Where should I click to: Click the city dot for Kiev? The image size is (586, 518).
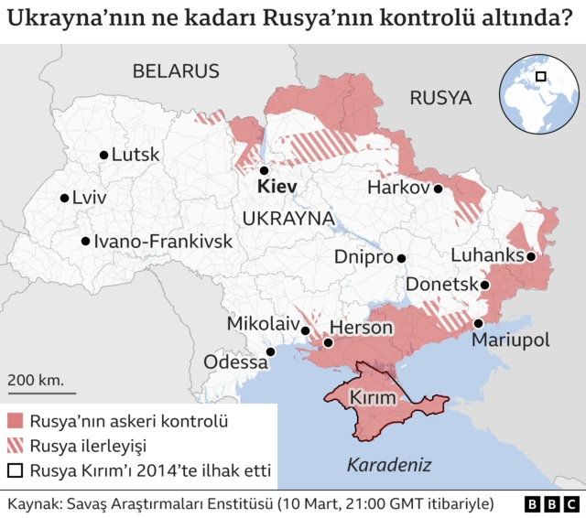263,170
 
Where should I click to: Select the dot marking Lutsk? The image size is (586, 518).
103,156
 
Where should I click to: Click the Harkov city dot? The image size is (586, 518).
439,189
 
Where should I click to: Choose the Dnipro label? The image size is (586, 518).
364,258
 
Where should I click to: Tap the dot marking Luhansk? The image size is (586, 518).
531,257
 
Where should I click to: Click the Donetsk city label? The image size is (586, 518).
441,285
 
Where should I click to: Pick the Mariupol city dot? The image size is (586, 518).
478,323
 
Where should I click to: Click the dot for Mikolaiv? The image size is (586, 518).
305,329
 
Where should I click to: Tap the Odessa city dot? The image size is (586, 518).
270,351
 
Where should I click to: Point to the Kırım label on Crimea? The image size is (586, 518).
373,398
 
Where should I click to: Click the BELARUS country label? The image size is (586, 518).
176,71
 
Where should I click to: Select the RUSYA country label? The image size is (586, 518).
439,98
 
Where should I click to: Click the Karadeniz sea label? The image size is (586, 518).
389,465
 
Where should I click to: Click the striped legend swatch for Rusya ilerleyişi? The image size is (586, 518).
16,447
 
